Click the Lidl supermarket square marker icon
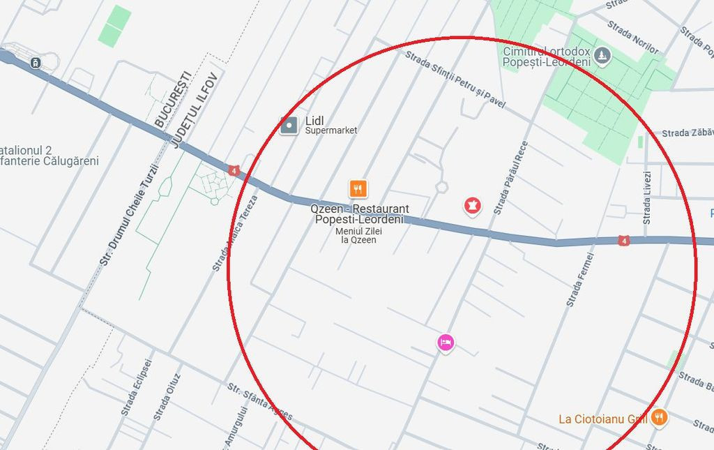click(x=289, y=126)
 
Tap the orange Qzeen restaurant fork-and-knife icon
click(x=358, y=188)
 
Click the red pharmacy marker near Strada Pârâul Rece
click(x=473, y=205)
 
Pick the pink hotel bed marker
click(x=446, y=343)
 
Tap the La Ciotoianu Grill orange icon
click(x=658, y=418)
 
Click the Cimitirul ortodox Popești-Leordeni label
click(x=546, y=57)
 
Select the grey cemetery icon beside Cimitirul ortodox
click(x=602, y=56)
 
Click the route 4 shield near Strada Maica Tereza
click(x=234, y=170)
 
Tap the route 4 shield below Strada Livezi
click(x=623, y=241)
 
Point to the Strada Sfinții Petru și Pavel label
click(x=455, y=76)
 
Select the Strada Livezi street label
click(x=647, y=197)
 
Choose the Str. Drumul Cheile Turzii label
click(x=130, y=213)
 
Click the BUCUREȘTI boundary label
click(x=172, y=99)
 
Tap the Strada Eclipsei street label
click(x=136, y=387)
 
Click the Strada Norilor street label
click(x=633, y=37)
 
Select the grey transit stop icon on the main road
click(x=36, y=63)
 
